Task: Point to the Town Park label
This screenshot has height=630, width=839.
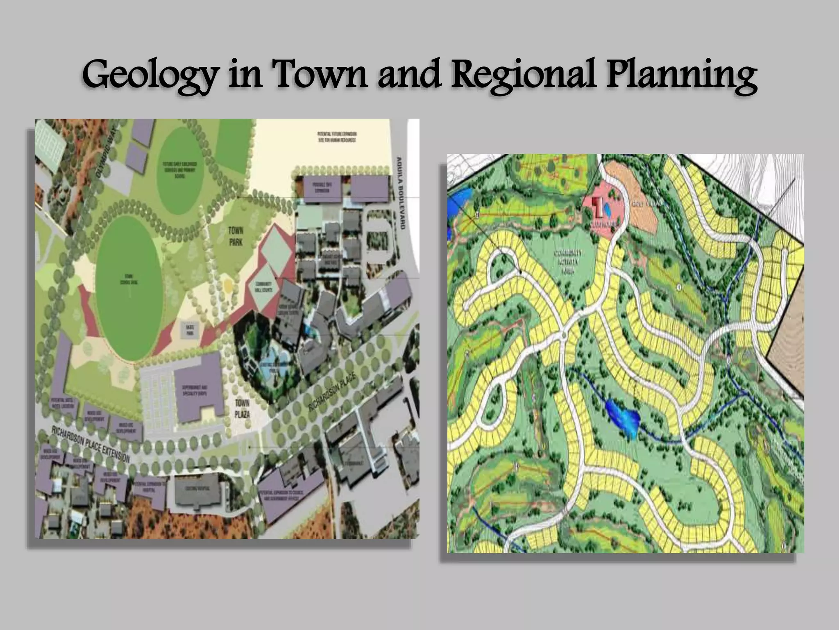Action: (x=236, y=237)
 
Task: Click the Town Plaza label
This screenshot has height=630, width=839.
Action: (x=242, y=408)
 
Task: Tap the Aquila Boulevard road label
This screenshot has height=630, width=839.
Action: (x=400, y=192)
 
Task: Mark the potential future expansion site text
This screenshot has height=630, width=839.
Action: (x=336, y=137)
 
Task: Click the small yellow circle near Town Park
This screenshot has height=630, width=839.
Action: (x=227, y=285)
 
